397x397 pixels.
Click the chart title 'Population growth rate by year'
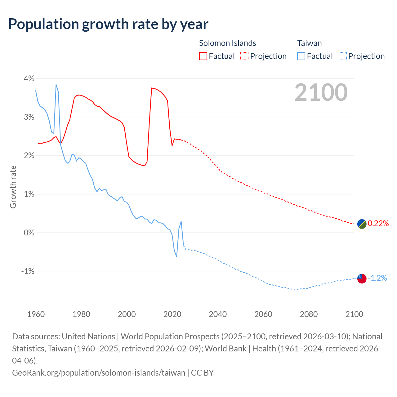pyautogui.click(x=108, y=24)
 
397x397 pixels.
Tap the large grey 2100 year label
pyautogui.click(x=321, y=92)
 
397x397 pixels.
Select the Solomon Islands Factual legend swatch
pyautogui.click(x=203, y=56)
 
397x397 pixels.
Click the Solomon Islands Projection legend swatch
pyautogui.click(x=244, y=56)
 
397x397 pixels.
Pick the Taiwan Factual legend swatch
pyautogui.click(x=301, y=56)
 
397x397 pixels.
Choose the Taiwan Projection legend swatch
pyautogui.click(x=342, y=56)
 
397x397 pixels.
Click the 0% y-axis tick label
pyautogui.click(x=29, y=233)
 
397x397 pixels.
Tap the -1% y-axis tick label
pyautogui.click(x=28, y=271)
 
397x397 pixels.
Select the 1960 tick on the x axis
pyautogui.click(x=36, y=314)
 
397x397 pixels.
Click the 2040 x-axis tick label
pyautogui.click(x=218, y=314)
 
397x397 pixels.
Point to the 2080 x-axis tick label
pyautogui.click(x=309, y=314)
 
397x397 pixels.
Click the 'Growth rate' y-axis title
pyautogui.click(x=13, y=187)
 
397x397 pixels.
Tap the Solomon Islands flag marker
pyautogui.click(x=362, y=224)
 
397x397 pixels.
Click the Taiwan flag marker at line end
pyautogui.click(x=362, y=279)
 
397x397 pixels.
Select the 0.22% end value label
pyautogui.click(x=378, y=224)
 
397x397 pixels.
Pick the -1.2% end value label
pyautogui.click(x=377, y=278)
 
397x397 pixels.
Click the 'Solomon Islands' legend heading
pyautogui.click(x=227, y=43)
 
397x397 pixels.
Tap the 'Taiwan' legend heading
pyautogui.click(x=309, y=43)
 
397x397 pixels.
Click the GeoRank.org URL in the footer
pyautogui.click(x=99, y=372)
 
